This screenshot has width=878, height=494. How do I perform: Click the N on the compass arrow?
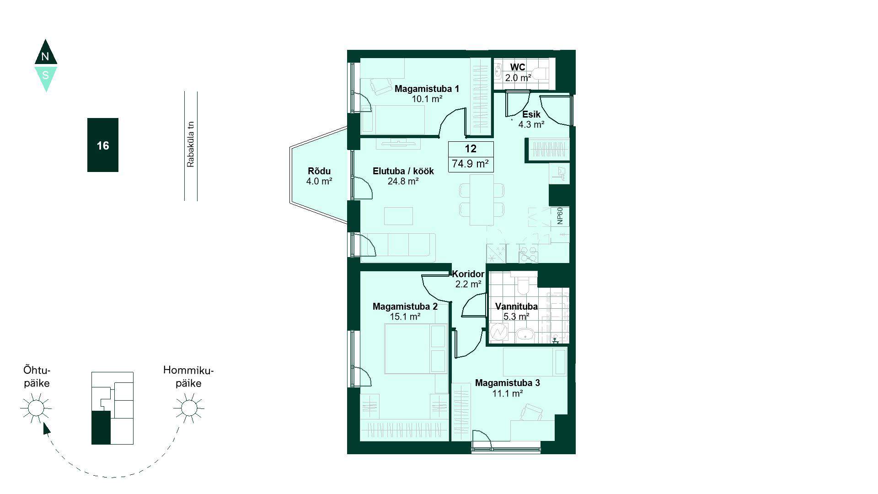(45, 57)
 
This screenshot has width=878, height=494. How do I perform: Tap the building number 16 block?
(103, 145)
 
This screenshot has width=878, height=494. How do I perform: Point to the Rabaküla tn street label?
(191, 144)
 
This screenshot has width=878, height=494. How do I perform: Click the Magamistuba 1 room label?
(427, 89)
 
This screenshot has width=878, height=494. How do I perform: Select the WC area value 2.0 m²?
(518, 78)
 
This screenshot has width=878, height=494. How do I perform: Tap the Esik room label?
(531, 114)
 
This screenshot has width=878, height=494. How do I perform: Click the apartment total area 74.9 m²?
(471, 163)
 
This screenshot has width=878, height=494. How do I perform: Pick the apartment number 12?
(471, 149)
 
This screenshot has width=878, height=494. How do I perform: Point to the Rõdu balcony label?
(319, 171)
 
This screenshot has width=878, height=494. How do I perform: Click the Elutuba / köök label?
(403, 171)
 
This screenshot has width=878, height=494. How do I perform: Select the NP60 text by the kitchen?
(560, 215)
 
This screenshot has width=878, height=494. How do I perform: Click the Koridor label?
(468, 274)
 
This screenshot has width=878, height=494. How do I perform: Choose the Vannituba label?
(516, 306)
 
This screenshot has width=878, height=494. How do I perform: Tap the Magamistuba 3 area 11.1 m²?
(508, 393)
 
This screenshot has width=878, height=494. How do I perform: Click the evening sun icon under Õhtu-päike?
(36, 407)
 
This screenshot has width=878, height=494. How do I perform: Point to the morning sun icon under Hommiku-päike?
(189, 407)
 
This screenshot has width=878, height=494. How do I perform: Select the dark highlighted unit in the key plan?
(101, 427)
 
